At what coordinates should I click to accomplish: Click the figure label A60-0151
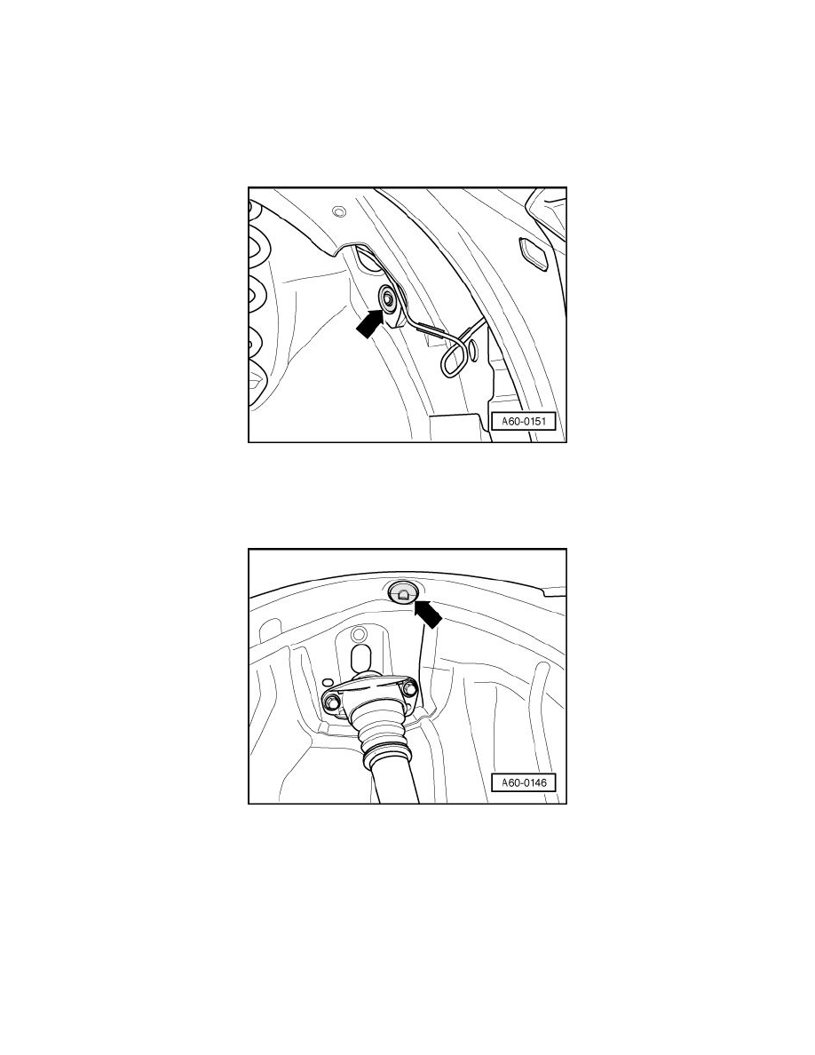(524, 422)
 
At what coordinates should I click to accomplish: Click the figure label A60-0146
(524, 783)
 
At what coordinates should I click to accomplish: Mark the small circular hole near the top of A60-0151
(337, 211)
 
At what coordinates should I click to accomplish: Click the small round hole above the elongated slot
(358, 635)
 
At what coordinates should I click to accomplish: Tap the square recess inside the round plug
(404, 595)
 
